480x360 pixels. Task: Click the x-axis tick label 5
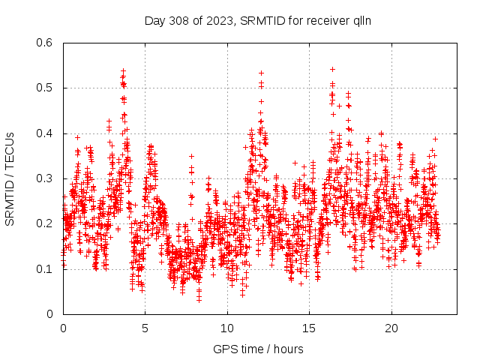tap(145, 328)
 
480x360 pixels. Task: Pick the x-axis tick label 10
tap(227, 328)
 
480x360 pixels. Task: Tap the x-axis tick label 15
tap(309, 328)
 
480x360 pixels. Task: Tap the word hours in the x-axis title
tap(288, 349)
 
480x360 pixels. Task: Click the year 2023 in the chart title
tap(217, 20)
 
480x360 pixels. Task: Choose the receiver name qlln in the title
tap(362, 20)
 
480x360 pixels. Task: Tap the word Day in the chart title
tap(155, 20)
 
